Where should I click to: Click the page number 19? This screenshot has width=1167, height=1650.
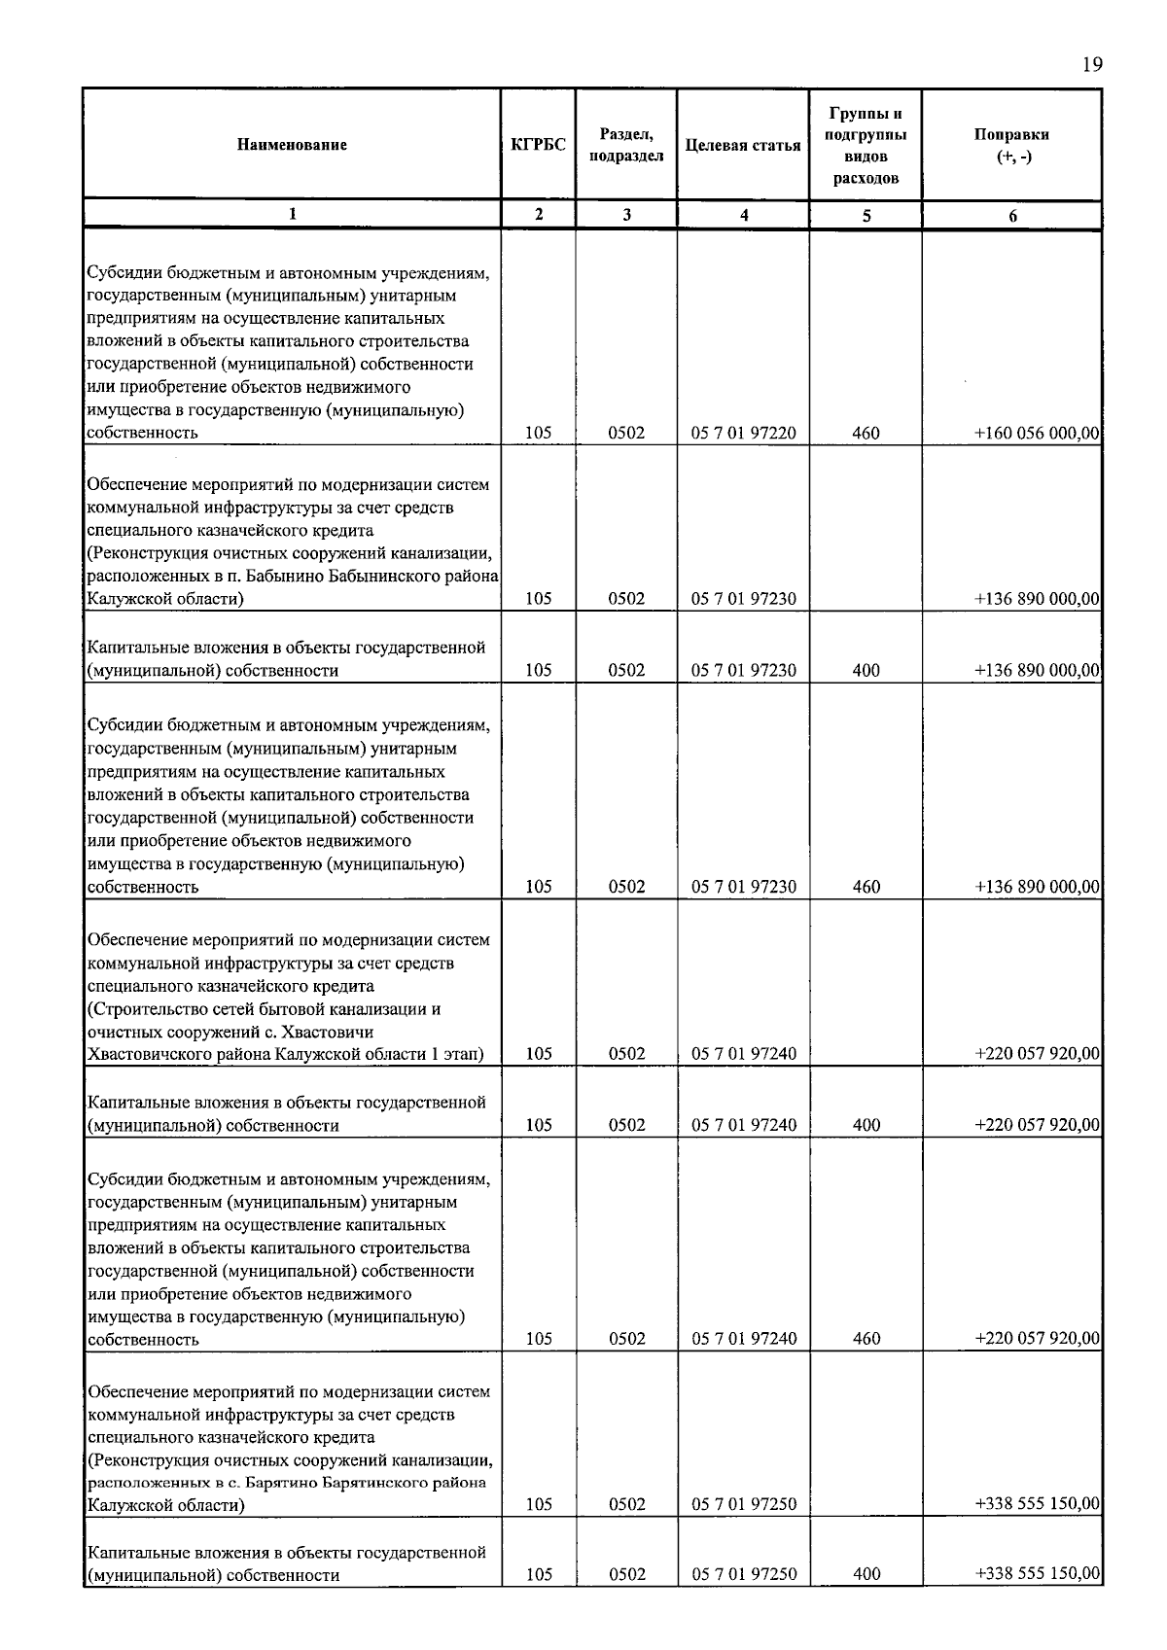point(1091,65)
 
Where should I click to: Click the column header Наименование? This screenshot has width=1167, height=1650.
point(292,145)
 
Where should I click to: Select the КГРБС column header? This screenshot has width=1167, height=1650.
point(538,145)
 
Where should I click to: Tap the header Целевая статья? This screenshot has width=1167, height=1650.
point(743,145)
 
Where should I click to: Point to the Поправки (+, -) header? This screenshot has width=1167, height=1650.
point(1011,146)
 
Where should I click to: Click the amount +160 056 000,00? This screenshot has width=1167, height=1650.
point(1037,434)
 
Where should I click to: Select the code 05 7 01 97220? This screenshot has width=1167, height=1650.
point(743,434)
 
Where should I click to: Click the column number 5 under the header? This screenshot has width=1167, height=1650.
point(866,216)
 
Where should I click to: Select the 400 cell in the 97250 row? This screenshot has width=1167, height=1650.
point(866,1574)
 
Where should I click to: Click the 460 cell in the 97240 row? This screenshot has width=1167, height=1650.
point(866,1339)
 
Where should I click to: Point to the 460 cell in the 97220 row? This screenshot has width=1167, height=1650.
point(866,434)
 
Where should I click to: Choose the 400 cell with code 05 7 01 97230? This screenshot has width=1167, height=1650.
point(866,670)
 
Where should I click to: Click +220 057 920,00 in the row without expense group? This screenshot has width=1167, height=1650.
point(1037,1054)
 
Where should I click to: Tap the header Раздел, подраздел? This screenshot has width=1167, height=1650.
point(626,145)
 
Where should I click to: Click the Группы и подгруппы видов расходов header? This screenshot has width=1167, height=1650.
point(866,146)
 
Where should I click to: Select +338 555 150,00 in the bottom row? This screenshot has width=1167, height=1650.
point(1037,1574)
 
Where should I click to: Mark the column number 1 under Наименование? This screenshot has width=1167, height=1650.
point(292,216)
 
